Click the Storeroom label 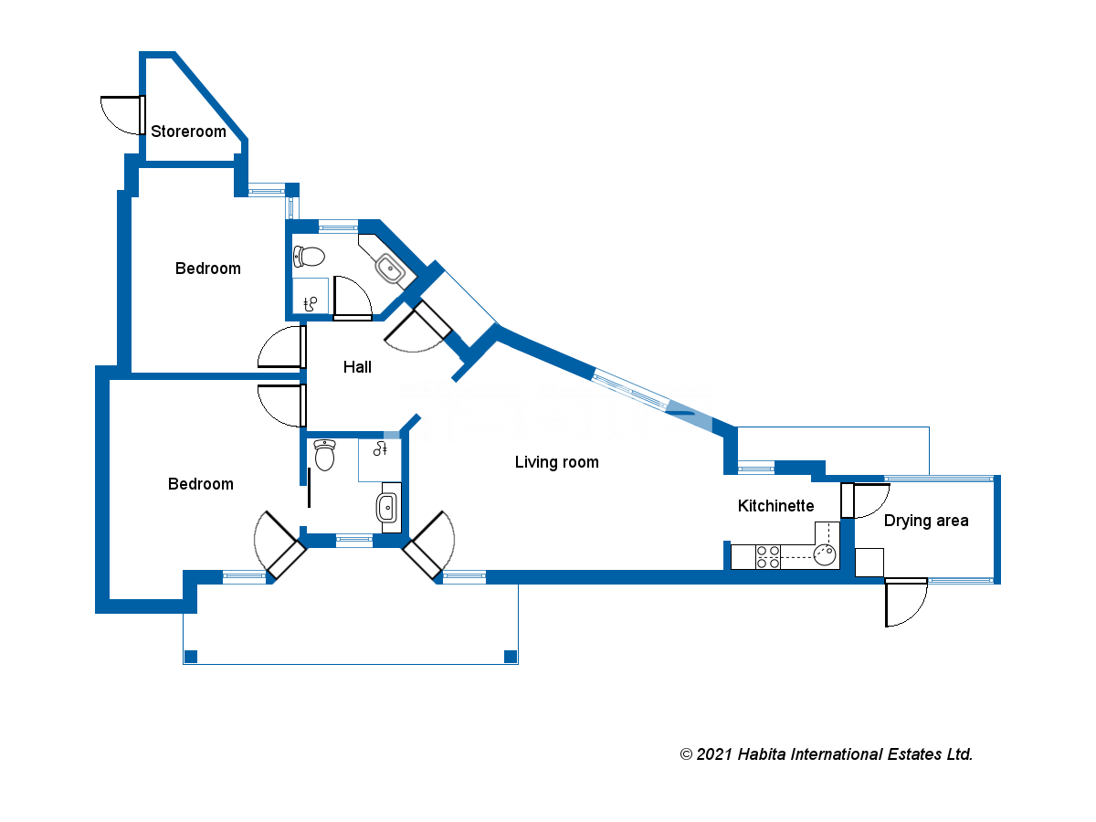click(x=188, y=132)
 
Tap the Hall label click(x=357, y=367)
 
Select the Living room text click(x=556, y=462)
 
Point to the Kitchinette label click(x=775, y=506)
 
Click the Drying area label click(x=926, y=521)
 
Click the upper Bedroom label click(x=208, y=269)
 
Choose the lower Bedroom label click(x=201, y=484)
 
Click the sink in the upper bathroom click(x=390, y=269)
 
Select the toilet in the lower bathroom click(x=324, y=455)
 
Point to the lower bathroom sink click(x=386, y=507)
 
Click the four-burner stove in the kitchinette click(x=767, y=556)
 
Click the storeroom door click(x=142, y=113)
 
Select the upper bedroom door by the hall click(x=301, y=348)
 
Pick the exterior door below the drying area click(x=887, y=602)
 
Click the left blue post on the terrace click(x=191, y=656)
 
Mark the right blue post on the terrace click(x=511, y=656)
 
